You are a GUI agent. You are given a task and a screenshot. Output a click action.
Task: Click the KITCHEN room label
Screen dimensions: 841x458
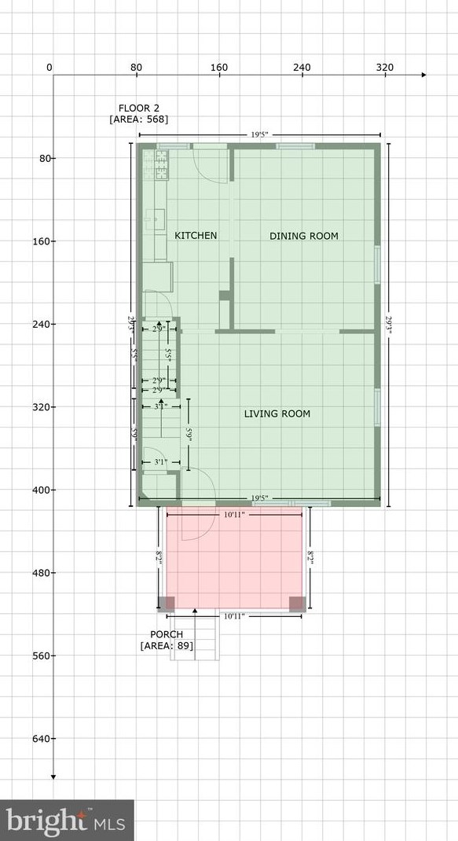point(196,236)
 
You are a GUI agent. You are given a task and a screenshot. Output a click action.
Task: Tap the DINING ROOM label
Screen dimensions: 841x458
point(304,236)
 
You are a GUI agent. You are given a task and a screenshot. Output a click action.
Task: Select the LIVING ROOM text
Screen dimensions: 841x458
point(277,414)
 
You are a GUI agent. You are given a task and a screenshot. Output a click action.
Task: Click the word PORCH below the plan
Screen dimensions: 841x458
point(167,634)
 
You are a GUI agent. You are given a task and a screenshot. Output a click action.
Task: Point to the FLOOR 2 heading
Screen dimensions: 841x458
point(139,108)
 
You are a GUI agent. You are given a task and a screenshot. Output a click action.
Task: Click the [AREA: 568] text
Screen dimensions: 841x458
point(139,119)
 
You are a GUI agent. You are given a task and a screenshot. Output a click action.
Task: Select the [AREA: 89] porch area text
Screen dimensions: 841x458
point(167,646)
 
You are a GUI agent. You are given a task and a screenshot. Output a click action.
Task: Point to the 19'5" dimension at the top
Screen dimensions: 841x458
point(260,134)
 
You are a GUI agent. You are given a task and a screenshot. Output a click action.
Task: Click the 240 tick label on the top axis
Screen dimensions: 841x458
point(302,68)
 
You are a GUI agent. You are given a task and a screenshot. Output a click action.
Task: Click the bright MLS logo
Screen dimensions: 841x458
point(67,821)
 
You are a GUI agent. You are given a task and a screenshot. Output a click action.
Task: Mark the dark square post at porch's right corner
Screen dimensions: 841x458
point(297,604)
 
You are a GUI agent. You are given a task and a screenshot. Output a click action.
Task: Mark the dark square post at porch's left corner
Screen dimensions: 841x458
point(167,604)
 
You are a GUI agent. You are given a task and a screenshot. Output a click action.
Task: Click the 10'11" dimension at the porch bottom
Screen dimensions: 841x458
point(234,617)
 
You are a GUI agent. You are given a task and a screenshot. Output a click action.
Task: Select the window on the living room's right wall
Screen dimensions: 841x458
point(378,402)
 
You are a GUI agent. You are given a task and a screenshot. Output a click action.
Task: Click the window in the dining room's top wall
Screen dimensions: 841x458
point(296,146)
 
